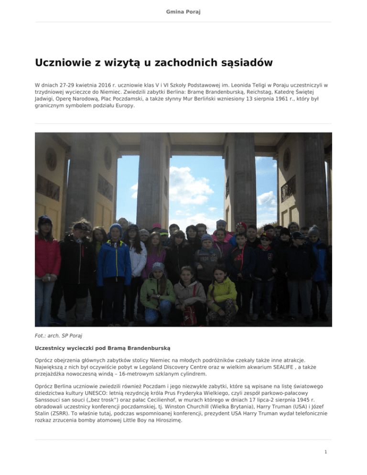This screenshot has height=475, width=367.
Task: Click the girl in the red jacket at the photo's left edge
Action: click(47, 258)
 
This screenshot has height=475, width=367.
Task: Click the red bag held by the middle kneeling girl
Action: click(189, 315)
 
